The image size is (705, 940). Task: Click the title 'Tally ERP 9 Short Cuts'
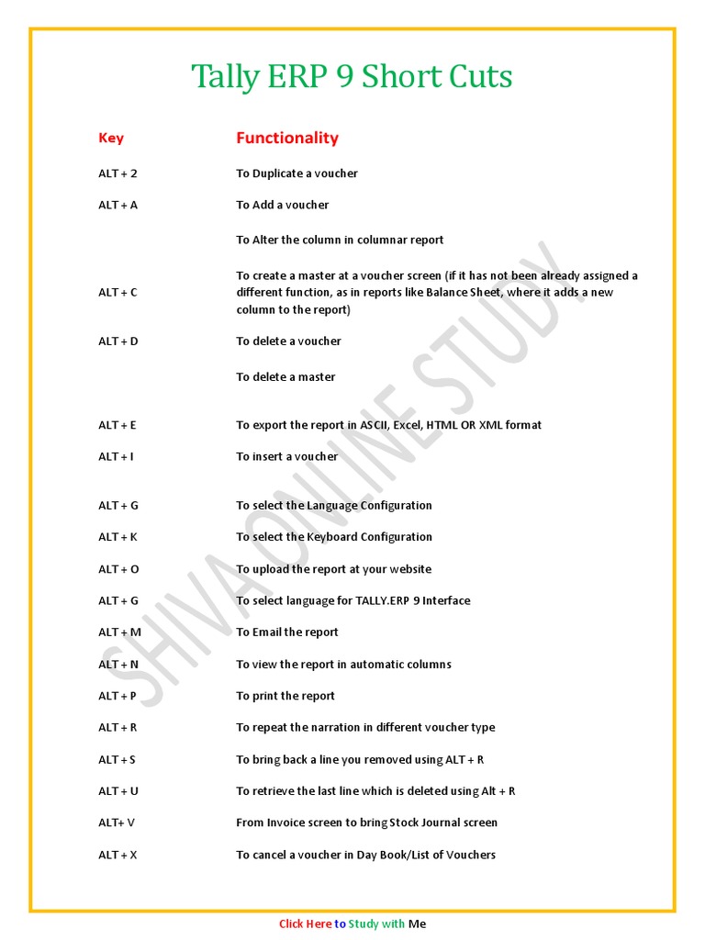[x=352, y=76]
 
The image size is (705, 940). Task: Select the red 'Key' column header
[x=111, y=138]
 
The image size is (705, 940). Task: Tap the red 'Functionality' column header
[x=286, y=138]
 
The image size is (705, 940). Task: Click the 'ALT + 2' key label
[x=117, y=173]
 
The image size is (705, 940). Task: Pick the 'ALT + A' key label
[x=117, y=205]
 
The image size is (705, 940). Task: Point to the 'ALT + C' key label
[x=117, y=292]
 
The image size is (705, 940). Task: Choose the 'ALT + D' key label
[x=117, y=341]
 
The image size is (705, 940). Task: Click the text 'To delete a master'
[x=285, y=376]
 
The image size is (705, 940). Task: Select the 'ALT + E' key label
[x=117, y=425]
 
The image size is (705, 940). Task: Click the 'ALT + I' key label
[x=116, y=456]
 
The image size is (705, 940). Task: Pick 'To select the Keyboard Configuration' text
[x=333, y=537]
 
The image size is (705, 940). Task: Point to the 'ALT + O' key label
[x=118, y=569]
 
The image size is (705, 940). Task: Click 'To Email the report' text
[x=286, y=632]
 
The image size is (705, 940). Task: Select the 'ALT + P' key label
[x=117, y=696]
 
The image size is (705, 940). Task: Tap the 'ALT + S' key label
[x=117, y=759]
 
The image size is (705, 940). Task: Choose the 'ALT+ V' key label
[x=117, y=822]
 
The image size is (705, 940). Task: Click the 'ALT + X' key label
[x=117, y=855]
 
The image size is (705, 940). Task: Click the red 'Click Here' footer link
[x=305, y=924]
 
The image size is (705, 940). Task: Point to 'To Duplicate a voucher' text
[x=297, y=173]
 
